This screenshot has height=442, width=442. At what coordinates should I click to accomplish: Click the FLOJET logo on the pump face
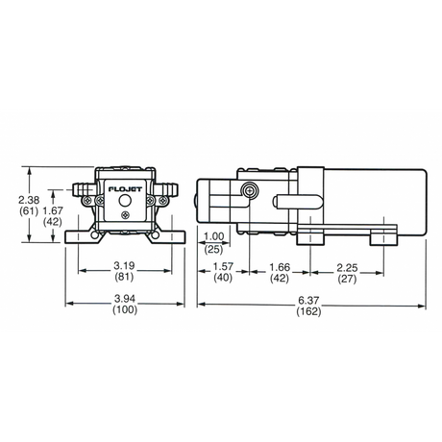(x=125, y=189)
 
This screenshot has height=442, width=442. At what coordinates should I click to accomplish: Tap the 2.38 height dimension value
(x=29, y=200)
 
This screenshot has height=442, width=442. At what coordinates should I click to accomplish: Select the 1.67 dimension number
(x=53, y=210)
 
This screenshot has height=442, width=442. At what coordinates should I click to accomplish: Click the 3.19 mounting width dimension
(x=125, y=265)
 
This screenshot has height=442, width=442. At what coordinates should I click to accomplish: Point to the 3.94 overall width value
(x=125, y=299)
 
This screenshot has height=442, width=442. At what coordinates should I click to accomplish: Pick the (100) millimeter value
(x=125, y=309)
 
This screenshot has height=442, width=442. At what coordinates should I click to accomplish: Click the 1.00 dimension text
(x=214, y=236)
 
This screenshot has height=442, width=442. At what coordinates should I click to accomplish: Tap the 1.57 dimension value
(x=223, y=266)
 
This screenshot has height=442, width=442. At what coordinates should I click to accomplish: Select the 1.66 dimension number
(x=280, y=267)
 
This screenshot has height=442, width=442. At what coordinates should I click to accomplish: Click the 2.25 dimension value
(x=347, y=267)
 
